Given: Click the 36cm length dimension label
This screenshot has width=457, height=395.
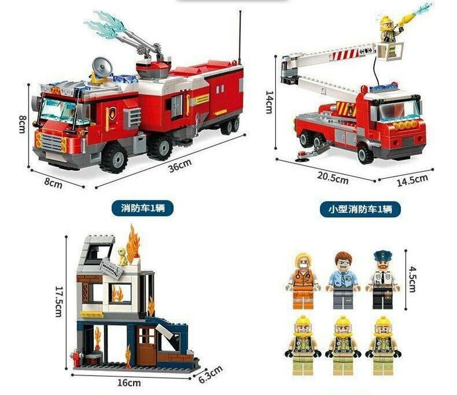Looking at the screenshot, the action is [x=180, y=166].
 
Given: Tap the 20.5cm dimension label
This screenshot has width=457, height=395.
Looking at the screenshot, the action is [x=333, y=178].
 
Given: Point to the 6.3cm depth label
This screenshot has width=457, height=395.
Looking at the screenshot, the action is [x=211, y=374].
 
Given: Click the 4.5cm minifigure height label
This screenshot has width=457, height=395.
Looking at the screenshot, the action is [x=412, y=279].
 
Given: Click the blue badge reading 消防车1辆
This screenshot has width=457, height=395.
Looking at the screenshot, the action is [x=142, y=208].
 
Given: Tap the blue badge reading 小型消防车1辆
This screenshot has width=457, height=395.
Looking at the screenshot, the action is [x=360, y=209].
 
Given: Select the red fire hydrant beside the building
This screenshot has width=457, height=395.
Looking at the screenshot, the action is [x=77, y=358].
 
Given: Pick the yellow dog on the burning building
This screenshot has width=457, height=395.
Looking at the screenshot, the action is [x=122, y=256].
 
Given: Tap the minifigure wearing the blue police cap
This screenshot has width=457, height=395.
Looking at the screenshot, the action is [x=383, y=280].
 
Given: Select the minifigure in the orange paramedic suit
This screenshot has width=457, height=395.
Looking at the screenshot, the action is [x=303, y=281].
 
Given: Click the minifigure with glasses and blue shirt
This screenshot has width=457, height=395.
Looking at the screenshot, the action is [x=343, y=280].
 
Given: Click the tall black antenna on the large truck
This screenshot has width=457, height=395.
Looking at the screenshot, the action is [x=240, y=38].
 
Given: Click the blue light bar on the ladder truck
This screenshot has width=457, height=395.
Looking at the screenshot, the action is [x=383, y=87].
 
